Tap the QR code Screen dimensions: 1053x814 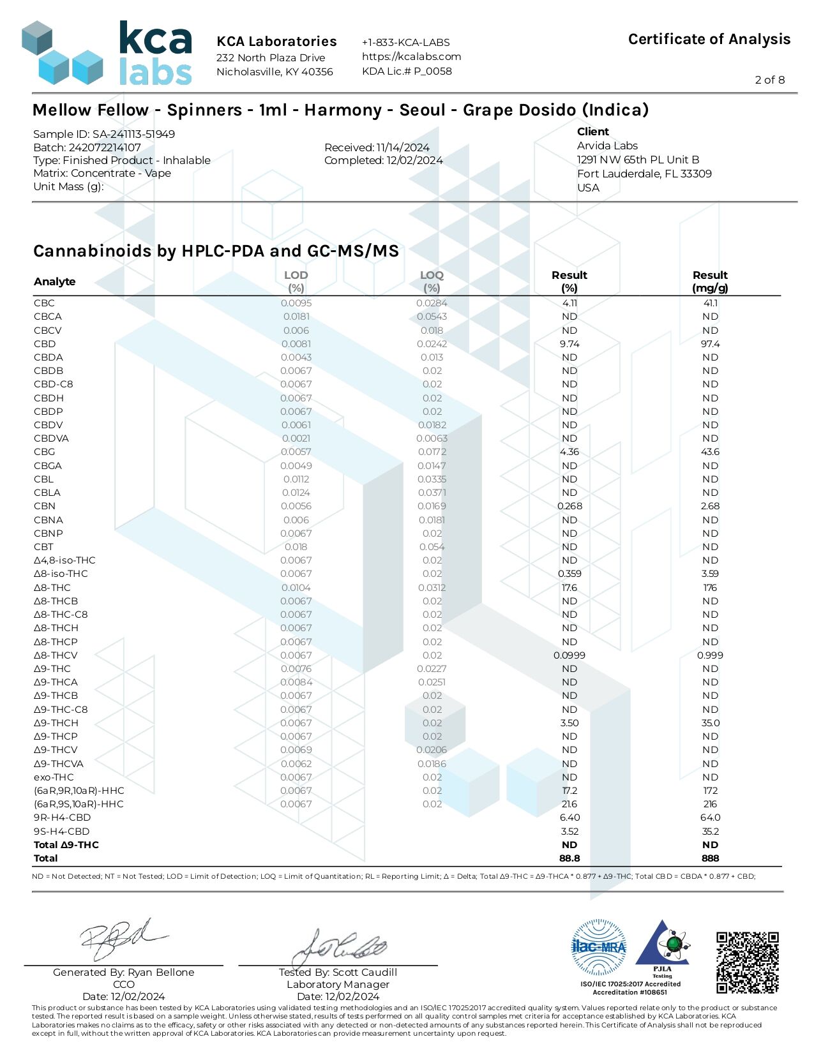coord(747,963)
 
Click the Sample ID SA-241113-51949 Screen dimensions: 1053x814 coord(104,134)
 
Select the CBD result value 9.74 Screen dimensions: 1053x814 coord(569,344)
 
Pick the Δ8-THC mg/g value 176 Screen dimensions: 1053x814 coord(710,588)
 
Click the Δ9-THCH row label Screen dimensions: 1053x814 coord(56,723)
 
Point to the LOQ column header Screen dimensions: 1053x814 coord(432,281)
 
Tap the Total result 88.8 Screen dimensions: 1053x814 coord(569,858)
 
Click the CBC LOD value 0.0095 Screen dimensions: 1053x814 coord(296,303)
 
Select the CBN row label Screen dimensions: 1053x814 coord(45,506)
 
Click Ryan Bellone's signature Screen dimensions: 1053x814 coord(121,939)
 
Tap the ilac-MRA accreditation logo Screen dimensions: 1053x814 coord(598,947)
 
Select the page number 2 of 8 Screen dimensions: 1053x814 coord(769,80)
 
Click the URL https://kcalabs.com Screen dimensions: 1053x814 coord(411,56)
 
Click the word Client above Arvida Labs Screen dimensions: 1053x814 coord(593,131)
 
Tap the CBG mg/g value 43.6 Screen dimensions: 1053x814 coord(710,452)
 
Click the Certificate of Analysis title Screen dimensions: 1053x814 coord(709,39)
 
